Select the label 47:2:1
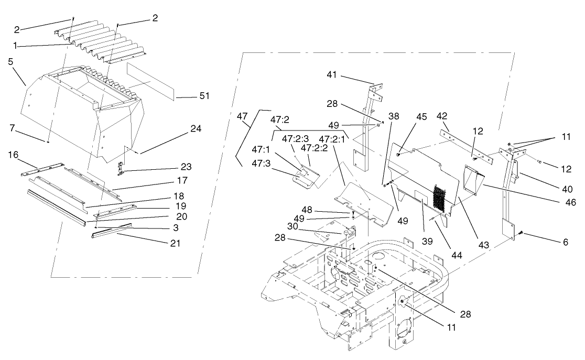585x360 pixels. pyautogui.click(x=331, y=139)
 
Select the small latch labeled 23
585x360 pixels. pyautogui.click(x=122, y=168)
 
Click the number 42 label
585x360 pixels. pyautogui.click(x=442, y=115)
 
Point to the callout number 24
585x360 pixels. pyautogui.click(x=196, y=128)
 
